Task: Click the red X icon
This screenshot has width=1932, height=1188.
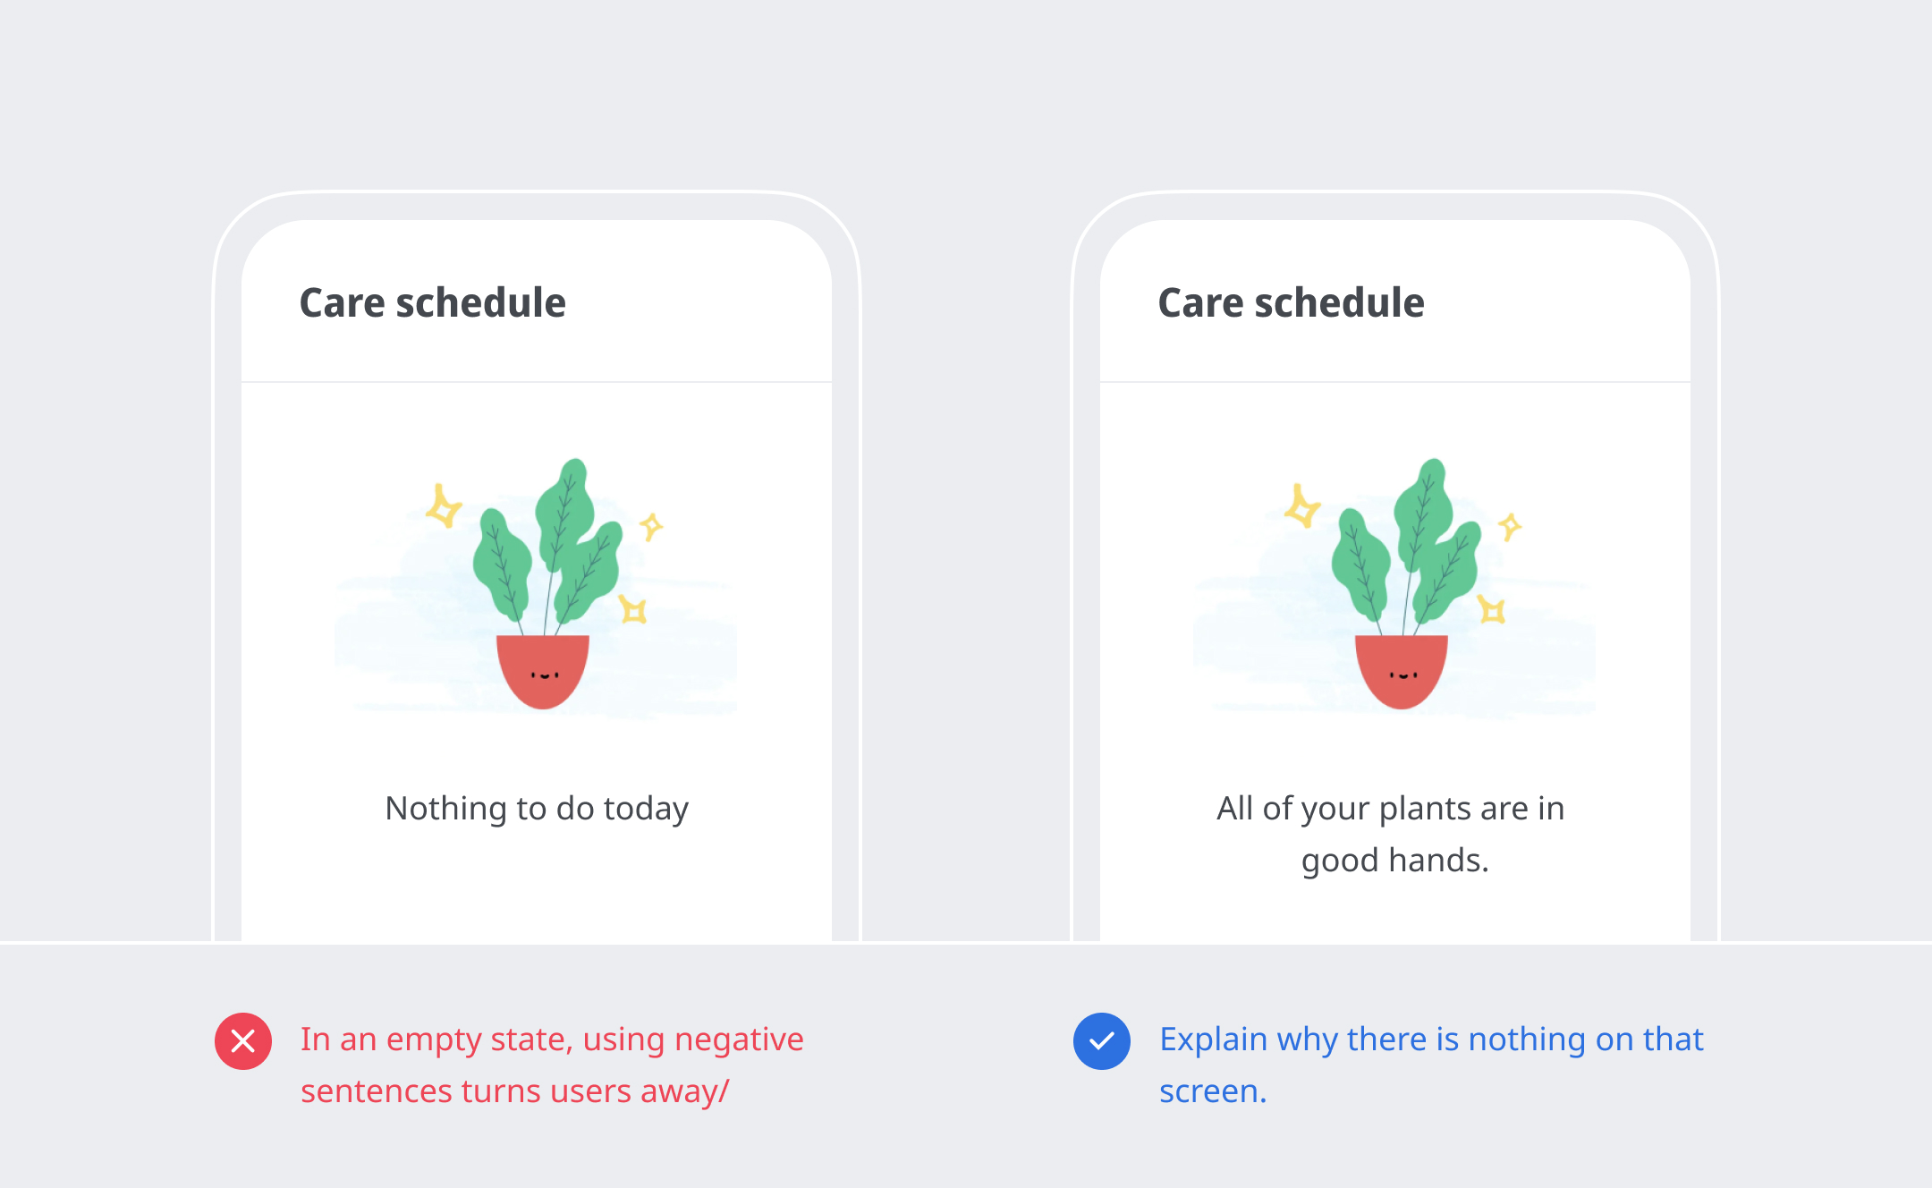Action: tap(243, 1041)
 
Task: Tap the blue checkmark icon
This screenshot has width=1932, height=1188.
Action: tap(1102, 1041)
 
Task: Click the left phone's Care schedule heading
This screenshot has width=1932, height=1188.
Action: tap(433, 303)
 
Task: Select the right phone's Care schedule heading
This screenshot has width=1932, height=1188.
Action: tap(1292, 303)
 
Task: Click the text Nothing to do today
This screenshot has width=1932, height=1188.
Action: tap(537, 809)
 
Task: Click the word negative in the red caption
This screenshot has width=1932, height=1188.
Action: tap(739, 1040)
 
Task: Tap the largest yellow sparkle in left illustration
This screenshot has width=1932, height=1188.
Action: tap(443, 507)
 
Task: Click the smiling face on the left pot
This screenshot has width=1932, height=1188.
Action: tap(545, 675)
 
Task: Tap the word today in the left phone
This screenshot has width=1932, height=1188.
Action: tap(646, 810)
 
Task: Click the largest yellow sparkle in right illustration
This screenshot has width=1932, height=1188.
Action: tap(1301, 507)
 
